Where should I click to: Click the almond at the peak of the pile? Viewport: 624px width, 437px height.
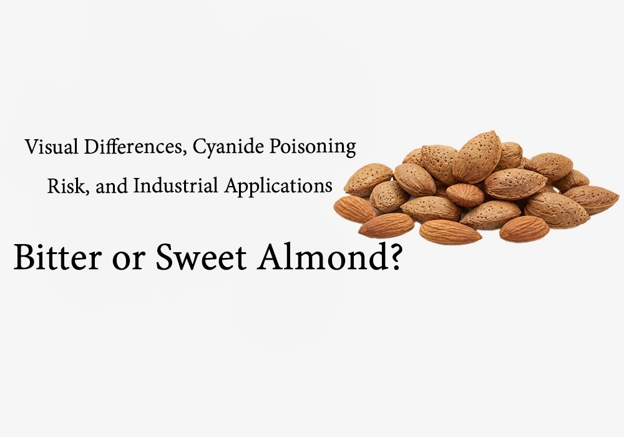pyautogui.click(x=477, y=155)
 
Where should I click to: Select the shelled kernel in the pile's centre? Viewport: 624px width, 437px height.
pyautogui.click(x=466, y=195)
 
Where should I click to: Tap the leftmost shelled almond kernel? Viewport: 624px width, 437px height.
pyautogui.click(x=354, y=209)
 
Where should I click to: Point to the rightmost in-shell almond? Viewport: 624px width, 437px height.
pyautogui.click(x=590, y=199)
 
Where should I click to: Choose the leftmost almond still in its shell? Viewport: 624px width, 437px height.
pyautogui.click(x=368, y=179)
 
